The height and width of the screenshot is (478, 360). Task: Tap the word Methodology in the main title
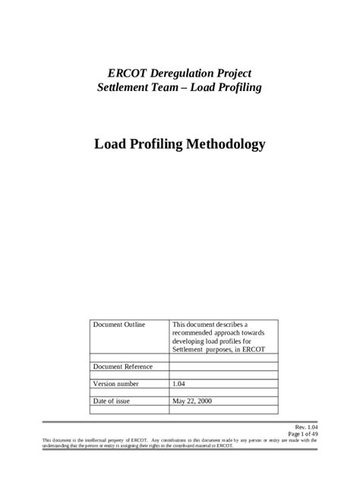(x=227, y=143)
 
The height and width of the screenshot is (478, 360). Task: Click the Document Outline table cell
(x=118, y=324)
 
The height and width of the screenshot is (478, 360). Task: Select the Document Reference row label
(x=122, y=366)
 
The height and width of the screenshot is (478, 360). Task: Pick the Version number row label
(x=115, y=384)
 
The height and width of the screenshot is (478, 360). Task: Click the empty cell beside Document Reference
(x=224, y=366)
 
